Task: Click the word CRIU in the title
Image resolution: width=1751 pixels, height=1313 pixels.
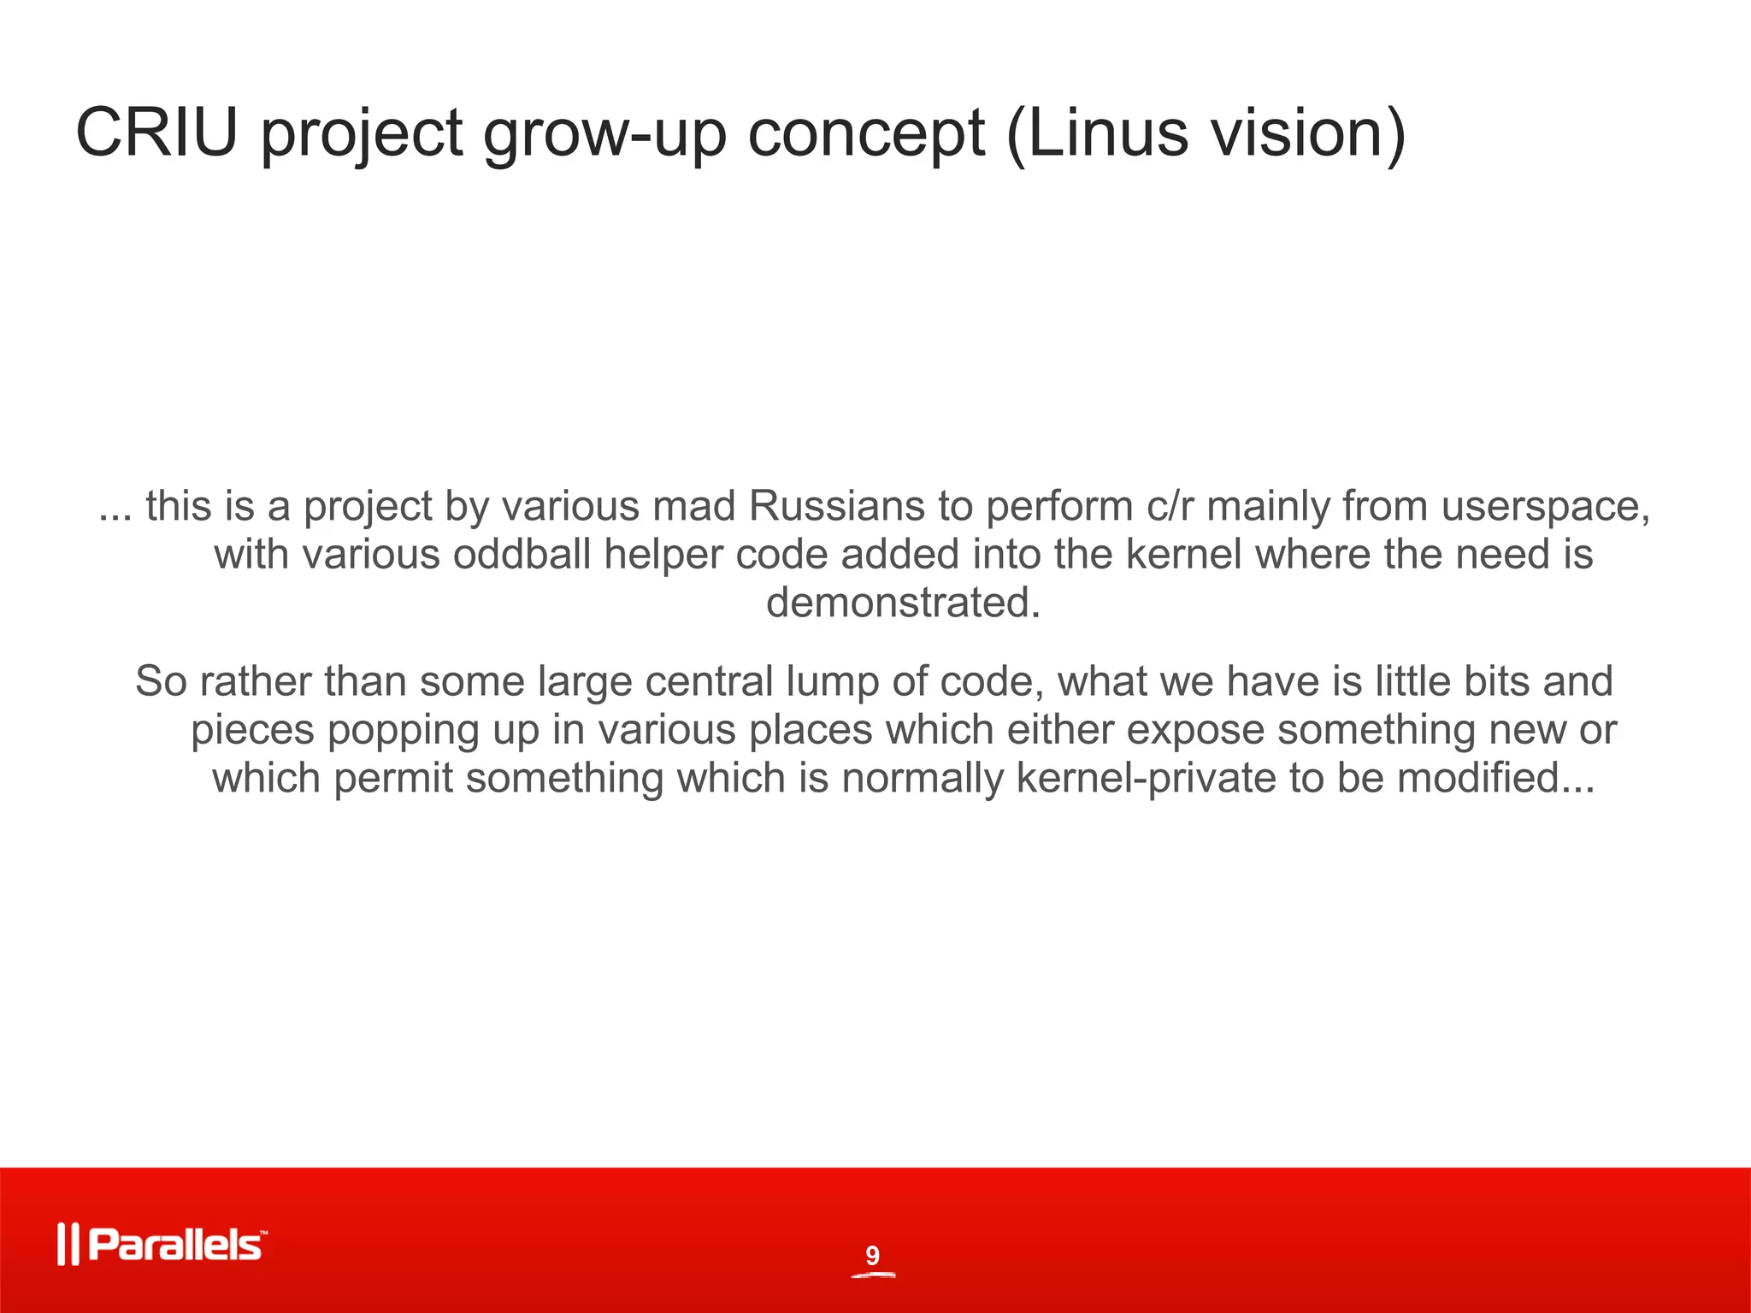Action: [x=156, y=133]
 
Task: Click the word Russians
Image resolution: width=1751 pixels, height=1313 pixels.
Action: [x=836, y=506]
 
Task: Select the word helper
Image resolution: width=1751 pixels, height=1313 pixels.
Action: [x=663, y=556]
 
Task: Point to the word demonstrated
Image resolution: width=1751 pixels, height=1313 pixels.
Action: [x=903, y=603]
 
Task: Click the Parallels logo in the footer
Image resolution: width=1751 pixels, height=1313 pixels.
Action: [x=162, y=1245]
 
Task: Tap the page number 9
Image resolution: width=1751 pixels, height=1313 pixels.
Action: [x=872, y=1256]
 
